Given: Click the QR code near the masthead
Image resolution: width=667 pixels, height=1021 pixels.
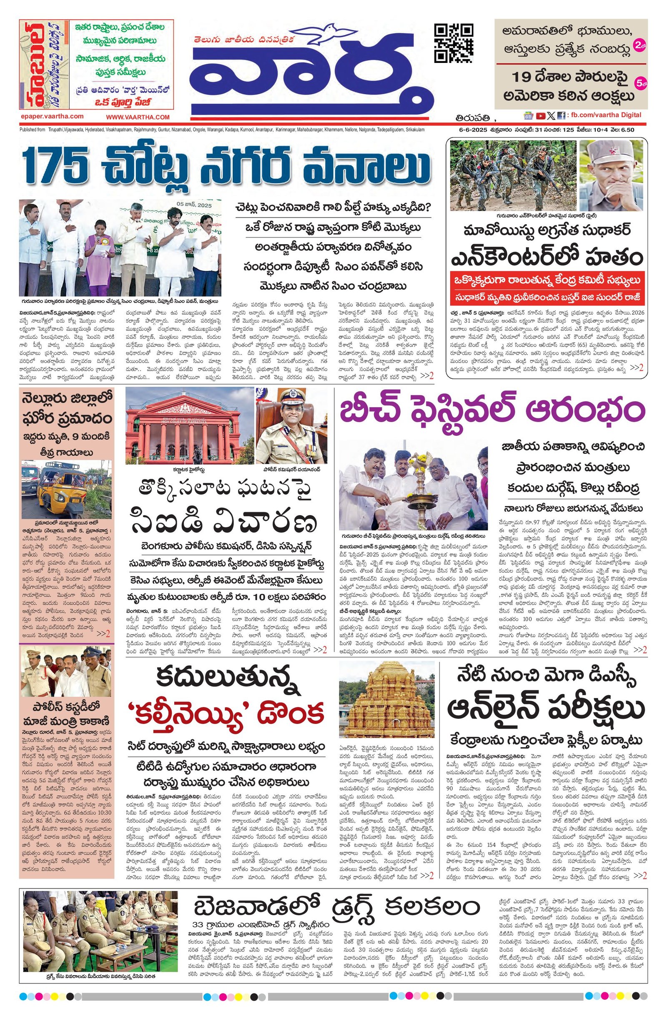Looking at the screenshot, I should click(x=454, y=43).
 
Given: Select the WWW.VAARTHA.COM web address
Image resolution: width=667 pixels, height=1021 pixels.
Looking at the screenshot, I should click(x=138, y=117).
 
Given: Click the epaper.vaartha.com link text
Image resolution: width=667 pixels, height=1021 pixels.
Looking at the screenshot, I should click(x=52, y=116).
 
